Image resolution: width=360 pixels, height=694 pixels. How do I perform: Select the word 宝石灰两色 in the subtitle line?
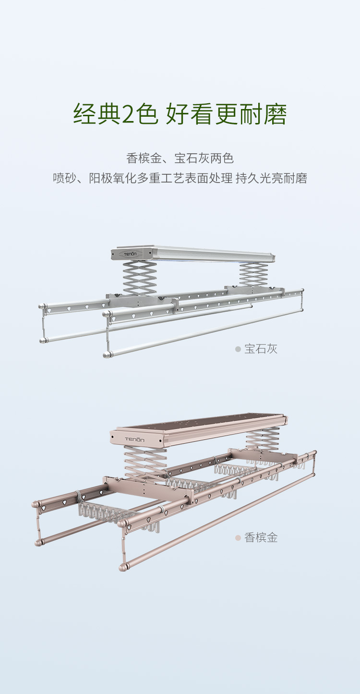(x=204, y=158)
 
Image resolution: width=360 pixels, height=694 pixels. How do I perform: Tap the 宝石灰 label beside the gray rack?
(x=261, y=349)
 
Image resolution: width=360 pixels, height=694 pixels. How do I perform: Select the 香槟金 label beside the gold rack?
(x=261, y=538)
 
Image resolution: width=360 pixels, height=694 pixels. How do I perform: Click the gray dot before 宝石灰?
(x=238, y=349)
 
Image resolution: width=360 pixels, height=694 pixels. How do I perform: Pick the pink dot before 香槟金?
(x=238, y=538)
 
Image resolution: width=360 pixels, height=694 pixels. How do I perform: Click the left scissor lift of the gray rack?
(x=140, y=278)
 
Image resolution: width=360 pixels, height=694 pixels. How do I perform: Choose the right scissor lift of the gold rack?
(x=263, y=438)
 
